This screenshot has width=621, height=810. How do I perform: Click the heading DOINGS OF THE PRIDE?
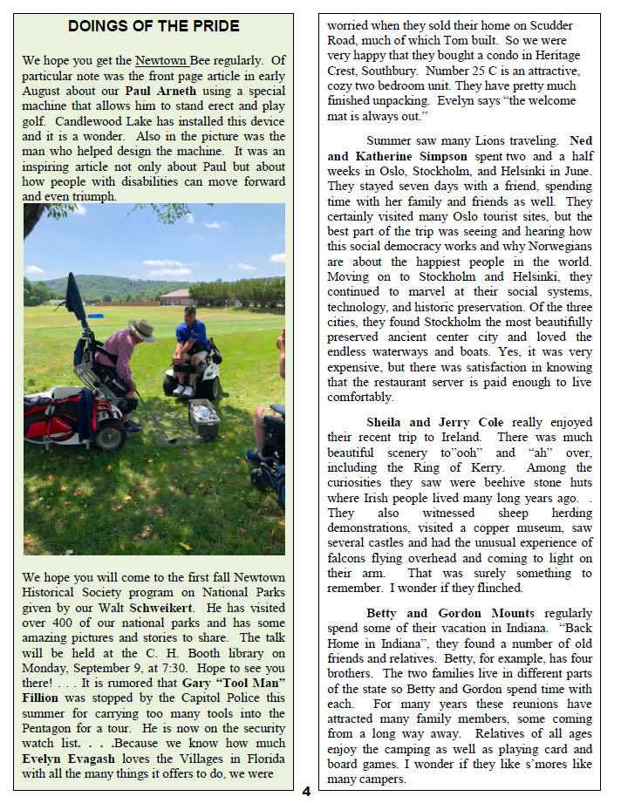[154, 27]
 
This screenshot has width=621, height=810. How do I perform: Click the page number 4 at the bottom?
[306, 792]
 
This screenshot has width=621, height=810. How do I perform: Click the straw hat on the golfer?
[141, 329]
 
